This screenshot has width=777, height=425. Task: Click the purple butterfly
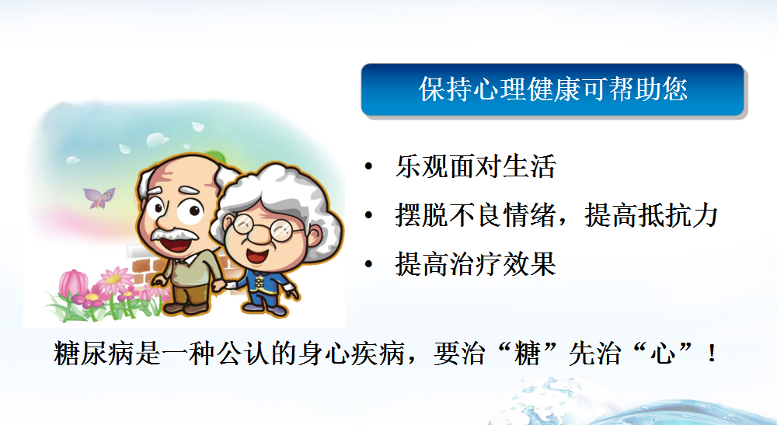click(99, 197)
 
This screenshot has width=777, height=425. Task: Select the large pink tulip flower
click(73, 284)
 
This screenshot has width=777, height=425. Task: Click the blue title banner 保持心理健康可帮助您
click(552, 89)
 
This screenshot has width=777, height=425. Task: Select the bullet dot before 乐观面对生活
click(368, 166)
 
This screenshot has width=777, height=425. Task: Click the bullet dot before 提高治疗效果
click(368, 264)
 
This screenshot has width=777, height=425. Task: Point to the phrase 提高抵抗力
click(651, 215)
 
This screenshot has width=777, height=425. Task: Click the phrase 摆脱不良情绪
click(476, 215)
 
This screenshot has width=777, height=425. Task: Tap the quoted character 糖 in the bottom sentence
click(528, 354)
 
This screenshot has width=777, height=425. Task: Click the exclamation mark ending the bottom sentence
click(712, 354)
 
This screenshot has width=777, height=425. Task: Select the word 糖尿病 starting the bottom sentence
click(94, 354)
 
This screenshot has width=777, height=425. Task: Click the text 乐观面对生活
click(476, 166)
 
